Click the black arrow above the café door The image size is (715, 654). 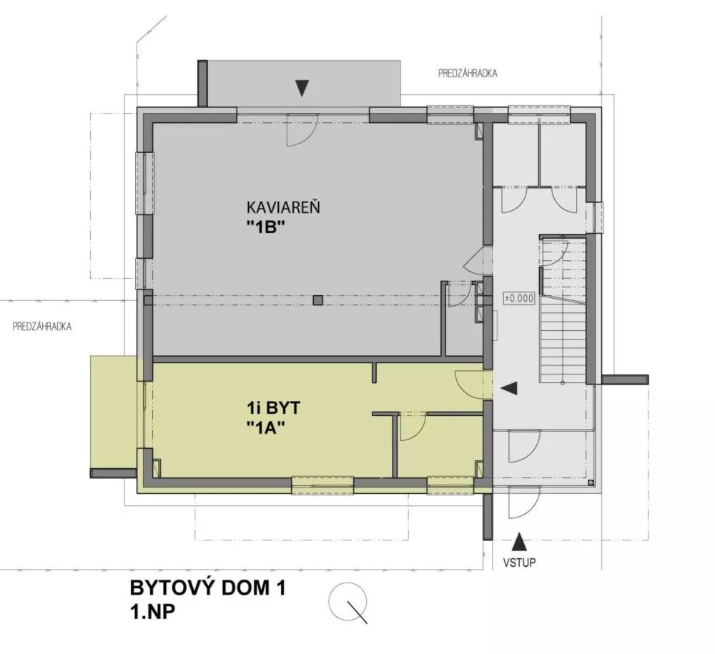coord(303,87)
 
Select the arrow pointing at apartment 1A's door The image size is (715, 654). coord(509,388)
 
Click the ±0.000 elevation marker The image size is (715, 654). coord(519,299)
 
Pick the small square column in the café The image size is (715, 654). coord(318,300)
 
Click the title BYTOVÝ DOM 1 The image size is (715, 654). coord(207,589)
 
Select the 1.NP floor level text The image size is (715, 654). coord(154,612)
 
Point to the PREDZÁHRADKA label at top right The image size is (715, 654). coord(468,73)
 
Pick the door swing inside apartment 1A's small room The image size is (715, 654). coord(412,429)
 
